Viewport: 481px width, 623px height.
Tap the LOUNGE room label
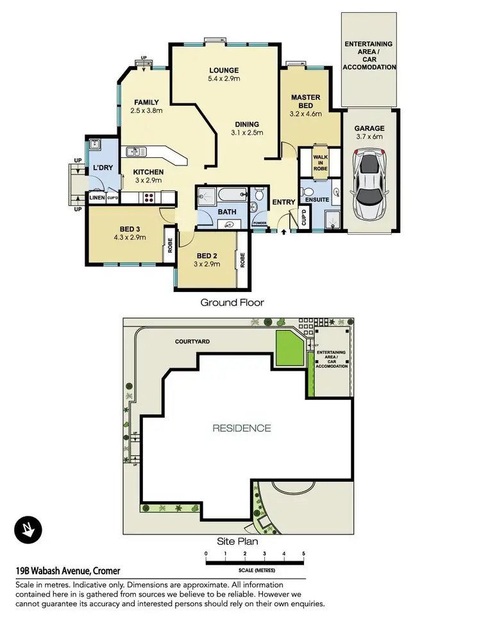[224, 71]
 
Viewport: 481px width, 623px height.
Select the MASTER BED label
[305, 101]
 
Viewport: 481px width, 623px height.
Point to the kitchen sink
[135, 152]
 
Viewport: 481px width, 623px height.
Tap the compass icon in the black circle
[28, 529]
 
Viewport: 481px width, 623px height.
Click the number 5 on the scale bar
[303, 553]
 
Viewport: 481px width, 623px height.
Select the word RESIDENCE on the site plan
[242, 428]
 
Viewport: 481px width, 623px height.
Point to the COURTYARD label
[192, 341]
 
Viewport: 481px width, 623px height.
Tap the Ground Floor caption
[232, 302]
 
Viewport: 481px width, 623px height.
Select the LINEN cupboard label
[96, 198]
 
